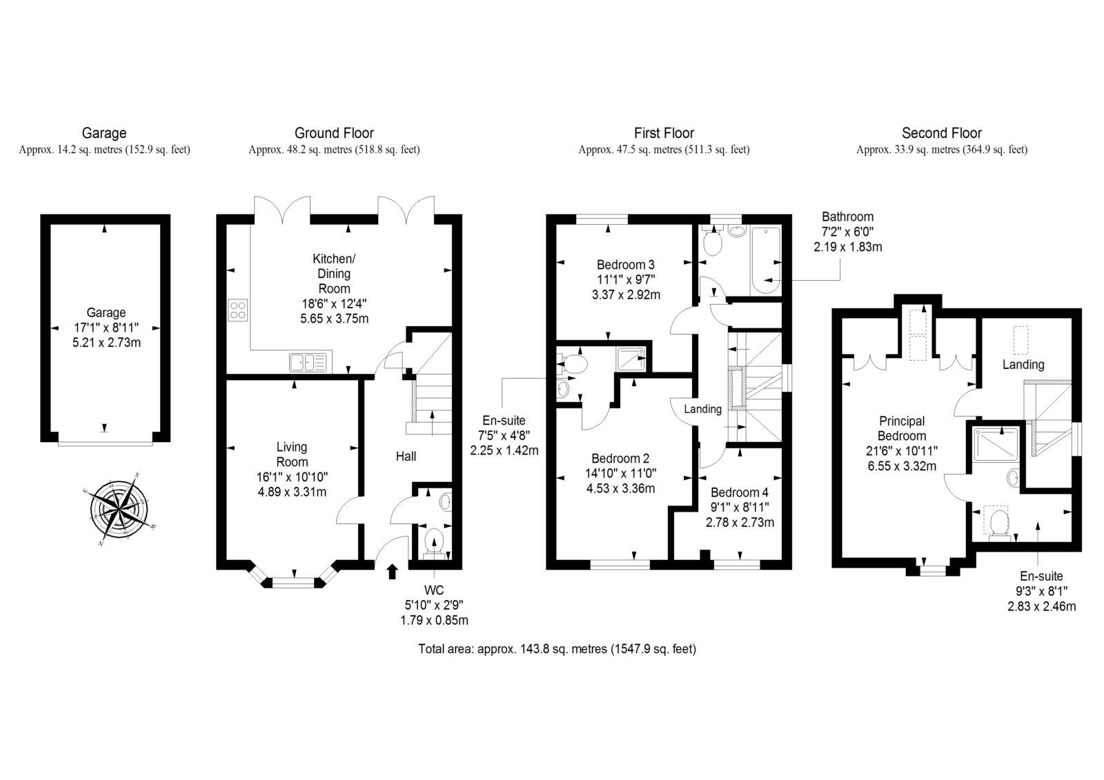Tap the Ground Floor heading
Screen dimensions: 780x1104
click(x=334, y=133)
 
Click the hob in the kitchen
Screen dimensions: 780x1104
click(x=238, y=310)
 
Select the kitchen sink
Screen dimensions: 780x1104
click(x=309, y=361)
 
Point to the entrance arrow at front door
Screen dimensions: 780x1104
click(x=393, y=570)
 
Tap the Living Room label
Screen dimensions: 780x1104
click(x=291, y=454)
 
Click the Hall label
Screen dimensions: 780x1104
click(x=406, y=456)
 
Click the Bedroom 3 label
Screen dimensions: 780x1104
click(x=625, y=265)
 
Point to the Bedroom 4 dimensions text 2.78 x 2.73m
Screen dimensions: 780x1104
click(x=739, y=523)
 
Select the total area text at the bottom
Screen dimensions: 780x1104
click(x=556, y=649)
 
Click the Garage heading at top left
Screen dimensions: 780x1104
click(x=104, y=133)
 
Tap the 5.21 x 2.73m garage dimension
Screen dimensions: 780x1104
click(x=106, y=343)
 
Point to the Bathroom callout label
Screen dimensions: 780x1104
click(x=847, y=217)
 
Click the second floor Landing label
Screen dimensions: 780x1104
click(x=1023, y=364)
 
